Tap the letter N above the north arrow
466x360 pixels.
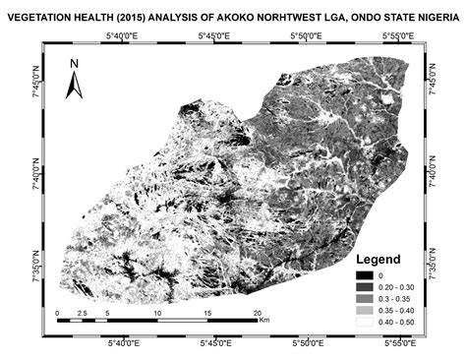[74, 65]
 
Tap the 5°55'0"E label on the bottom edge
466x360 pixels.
[400, 342]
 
